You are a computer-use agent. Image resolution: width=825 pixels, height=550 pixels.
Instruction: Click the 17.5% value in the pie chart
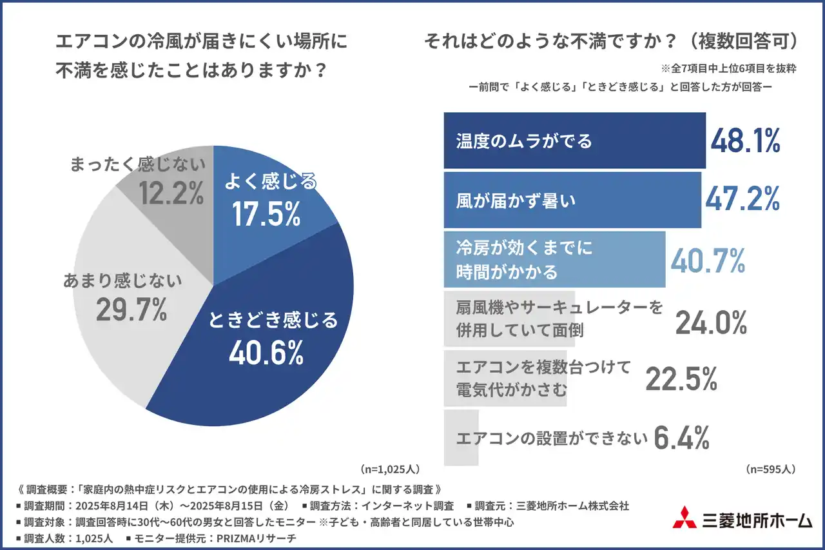pyautogui.click(x=266, y=215)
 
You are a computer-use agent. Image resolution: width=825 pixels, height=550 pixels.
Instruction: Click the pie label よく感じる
pyautogui.click(x=270, y=182)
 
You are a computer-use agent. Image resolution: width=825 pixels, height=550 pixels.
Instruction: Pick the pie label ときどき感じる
pyautogui.click(x=273, y=320)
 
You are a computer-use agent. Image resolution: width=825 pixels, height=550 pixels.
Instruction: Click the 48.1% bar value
pyautogui.click(x=745, y=141)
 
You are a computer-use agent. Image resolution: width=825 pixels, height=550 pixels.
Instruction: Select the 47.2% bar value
pyautogui.click(x=742, y=199)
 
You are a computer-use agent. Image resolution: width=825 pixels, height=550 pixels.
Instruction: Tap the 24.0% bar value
pyautogui.click(x=711, y=322)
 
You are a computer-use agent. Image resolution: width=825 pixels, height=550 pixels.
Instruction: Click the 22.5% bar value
pyautogui.click(x=681, y=379)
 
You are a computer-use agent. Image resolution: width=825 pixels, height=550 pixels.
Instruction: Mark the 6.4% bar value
pyautogui.click(x=681, y=438)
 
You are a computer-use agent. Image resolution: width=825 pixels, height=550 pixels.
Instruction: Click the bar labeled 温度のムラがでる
pyautogui.click(x=574, y=141)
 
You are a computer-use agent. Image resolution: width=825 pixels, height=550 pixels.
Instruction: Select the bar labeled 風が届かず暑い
pyautogui.click(x=572, y=200)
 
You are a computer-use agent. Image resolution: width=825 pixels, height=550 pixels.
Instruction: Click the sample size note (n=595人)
pyautogui.click(x=770, y=469)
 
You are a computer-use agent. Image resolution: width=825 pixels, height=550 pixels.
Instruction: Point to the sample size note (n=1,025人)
pyautogui.click(x=391, y=469)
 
